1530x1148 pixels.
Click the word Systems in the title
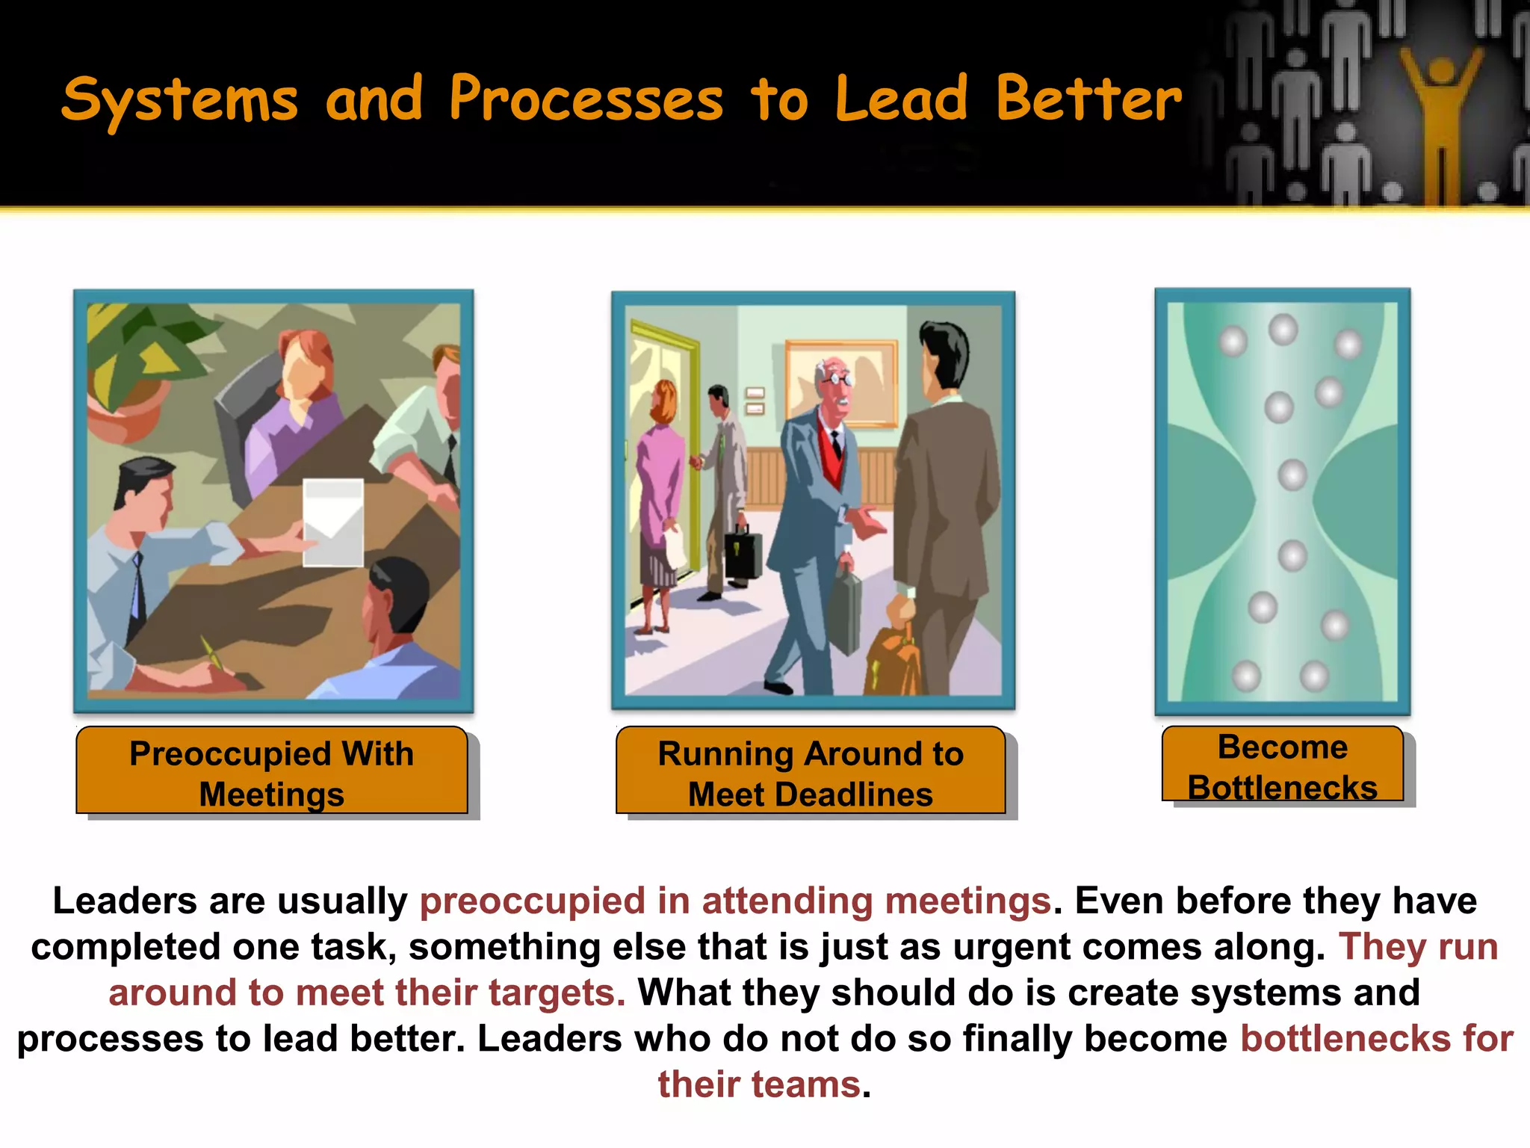pyautogui.click(x=179, y=101)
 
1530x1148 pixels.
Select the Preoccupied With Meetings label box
pyautogui.click(x=272, y=771)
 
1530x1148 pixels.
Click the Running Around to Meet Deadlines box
pyautogui.click(x=811, y=771)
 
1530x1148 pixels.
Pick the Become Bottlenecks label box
pyautogui.click(x=1283, y=765)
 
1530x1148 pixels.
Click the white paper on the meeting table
pyautogui.click(x=333, y=523)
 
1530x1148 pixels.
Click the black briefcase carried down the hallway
pyautogui.click(x=743, y=553)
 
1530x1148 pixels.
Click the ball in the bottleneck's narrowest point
pyautogui.click(x=1292, y=475)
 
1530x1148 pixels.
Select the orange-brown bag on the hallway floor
pyautogui.click(x=893, y=661)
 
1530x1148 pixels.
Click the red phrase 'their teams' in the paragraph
pyautogui.click(x=759, y=1084)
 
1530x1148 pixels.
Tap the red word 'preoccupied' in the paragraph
pyautogui.click(x=531, y=901)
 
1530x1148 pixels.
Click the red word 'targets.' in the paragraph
pyautogui.click(x=557, y=993)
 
